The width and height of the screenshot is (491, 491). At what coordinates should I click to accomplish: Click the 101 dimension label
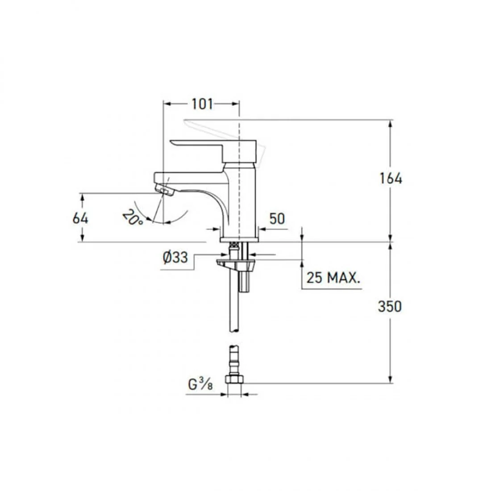(x=202, y=104)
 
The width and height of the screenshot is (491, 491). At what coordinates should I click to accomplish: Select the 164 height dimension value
(x=391, y=179)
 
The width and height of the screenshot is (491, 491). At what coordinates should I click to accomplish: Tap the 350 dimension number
(x=390, y=307)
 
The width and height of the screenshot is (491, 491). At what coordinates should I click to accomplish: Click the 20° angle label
(x=132, y=217)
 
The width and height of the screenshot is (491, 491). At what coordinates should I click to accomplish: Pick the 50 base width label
(x=277, y=219)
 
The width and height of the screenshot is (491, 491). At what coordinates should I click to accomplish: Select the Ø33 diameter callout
(x=175, y=258)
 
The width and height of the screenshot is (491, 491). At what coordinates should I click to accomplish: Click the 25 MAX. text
(x=333, y=278)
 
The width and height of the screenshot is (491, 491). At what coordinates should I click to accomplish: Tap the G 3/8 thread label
(x=200, y=384)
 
